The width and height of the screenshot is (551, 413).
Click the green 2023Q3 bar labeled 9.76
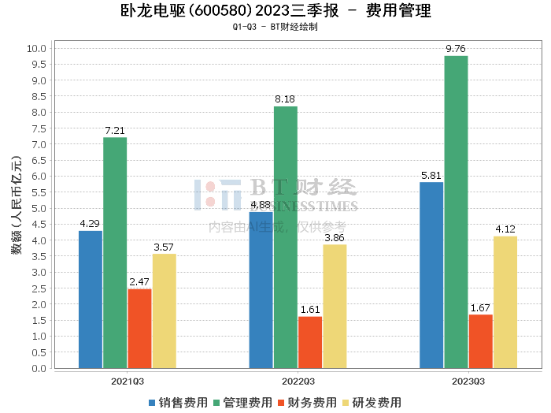(x=456, y=212)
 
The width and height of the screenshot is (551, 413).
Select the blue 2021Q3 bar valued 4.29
(x=91, y=300)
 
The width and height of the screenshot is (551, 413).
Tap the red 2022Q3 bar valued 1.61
(x=310, y=342)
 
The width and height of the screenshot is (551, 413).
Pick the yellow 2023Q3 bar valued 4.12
(x=505, y=302)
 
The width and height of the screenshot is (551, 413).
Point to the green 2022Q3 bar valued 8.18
(x=286, y=237)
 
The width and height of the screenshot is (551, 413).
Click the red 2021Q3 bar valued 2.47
(x=139, y=329)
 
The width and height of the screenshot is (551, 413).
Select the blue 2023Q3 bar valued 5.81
(x=431, y=275)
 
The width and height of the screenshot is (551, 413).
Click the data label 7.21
(x=115, y=130)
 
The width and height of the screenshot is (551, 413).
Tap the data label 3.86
(x=335, y=237)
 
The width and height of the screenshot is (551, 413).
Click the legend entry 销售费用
(x=178, y=402)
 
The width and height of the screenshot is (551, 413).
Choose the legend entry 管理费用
(x=242, y=402)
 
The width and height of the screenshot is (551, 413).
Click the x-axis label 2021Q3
(x=127, y=381)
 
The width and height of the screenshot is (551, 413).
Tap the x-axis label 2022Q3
(x=298, y=381)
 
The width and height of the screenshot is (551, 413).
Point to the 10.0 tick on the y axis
(x=38, y=48)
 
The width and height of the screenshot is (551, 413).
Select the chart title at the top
(x=275, y=11)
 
